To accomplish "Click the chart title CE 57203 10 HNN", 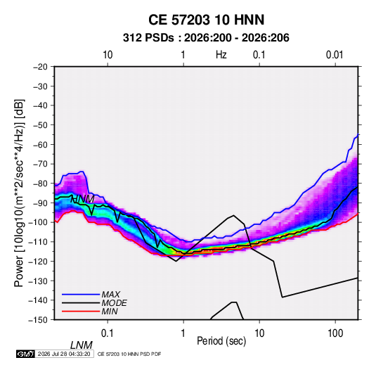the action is click(206, 20).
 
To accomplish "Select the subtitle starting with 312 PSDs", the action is click(206, 38).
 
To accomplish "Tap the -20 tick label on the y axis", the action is click(40, 67).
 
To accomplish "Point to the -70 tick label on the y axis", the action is click(40, 164).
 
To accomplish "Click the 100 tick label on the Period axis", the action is click(335, 333).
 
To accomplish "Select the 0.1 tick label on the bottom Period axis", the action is click(108, 333).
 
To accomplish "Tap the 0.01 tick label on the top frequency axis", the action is click(335, 55).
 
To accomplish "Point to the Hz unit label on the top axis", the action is click(221, 55).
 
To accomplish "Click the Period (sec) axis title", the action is click(221, 341).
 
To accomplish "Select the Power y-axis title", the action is click(19, 193).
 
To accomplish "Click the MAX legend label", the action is click(111, 295).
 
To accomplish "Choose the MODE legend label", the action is click(114, 303).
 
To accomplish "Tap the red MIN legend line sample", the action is click(81, 312).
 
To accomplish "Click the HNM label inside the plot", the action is click(83, 199).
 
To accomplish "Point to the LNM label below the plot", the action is click(82, 345).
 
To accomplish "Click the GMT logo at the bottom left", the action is click(25, 354).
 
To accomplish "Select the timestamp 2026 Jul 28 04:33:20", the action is click(64, 354).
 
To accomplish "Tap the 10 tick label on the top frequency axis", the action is click(108, 55).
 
